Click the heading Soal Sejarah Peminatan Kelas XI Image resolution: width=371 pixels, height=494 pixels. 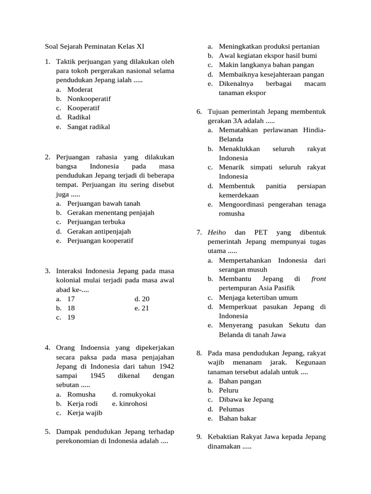point(91,47)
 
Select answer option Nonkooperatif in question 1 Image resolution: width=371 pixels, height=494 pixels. point(89,99)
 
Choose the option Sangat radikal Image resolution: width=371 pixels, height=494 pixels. point(88,127)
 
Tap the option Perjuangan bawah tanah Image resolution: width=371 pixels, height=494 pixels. point(103,204)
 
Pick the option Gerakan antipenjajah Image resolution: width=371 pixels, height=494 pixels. point(99,232)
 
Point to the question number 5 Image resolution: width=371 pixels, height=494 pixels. point(47,431)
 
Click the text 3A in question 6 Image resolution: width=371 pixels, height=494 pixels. point(243,121)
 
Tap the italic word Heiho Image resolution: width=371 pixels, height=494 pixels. point(216,233)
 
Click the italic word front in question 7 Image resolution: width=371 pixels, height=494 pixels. point(318,279)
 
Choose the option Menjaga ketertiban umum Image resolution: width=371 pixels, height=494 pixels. point(258,298)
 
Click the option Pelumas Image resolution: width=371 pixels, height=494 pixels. point(231,409)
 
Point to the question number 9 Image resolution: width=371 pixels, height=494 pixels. point(199,437)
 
